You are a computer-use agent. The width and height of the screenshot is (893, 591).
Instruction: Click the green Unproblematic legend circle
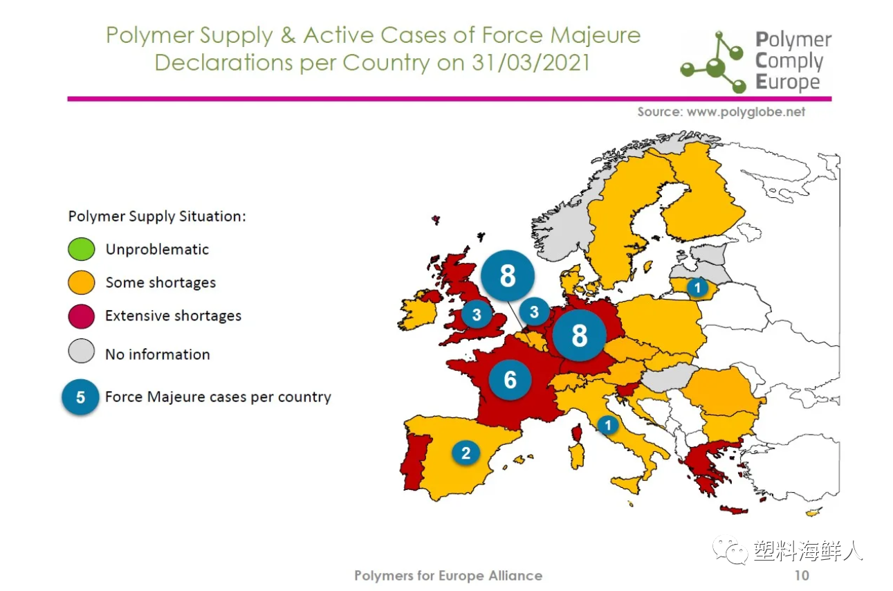[82, 249]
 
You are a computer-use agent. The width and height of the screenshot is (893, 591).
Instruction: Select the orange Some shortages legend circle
[82, 282]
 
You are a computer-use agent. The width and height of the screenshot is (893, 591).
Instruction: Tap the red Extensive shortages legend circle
[82, 316]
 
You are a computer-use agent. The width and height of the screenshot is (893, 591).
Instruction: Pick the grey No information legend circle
[82, 351]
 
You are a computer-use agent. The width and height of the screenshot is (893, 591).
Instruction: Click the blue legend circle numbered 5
[80, 397]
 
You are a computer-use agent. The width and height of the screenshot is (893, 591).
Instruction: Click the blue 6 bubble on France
[510, 380]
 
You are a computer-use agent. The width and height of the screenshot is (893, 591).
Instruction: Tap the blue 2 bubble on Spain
[466, 453]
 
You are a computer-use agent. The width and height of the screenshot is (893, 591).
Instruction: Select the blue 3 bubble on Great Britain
[477, 314]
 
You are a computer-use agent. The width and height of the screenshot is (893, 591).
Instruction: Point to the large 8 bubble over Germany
[579, 335]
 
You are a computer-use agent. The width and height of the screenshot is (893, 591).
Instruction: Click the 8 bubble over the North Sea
[508, 275]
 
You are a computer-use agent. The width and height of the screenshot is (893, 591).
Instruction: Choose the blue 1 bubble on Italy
[608, 425]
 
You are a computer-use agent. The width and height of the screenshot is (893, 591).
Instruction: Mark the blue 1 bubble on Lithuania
[697, 287]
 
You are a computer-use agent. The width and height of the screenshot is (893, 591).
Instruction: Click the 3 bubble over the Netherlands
[534, 311]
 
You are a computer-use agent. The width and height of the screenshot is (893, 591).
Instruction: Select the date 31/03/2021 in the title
[531, 62]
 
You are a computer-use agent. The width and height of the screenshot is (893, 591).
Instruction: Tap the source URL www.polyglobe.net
[746, 112]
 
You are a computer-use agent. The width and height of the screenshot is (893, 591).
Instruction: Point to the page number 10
[802, 576]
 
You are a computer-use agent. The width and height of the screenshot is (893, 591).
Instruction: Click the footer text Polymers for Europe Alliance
[448, 576]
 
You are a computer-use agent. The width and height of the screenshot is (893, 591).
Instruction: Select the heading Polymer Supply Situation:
[157, 216]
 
